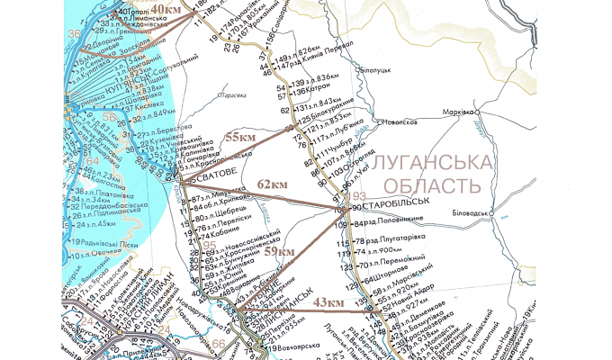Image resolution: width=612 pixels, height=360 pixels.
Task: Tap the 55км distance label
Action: (240, 138)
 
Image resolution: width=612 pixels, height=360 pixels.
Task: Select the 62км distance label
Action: (274, 184)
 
